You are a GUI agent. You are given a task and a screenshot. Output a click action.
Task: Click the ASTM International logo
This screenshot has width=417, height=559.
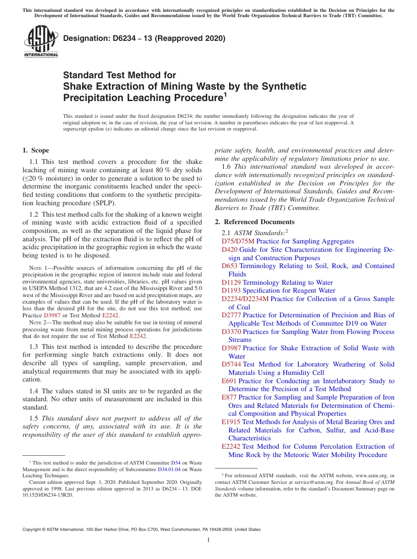coord(40,41)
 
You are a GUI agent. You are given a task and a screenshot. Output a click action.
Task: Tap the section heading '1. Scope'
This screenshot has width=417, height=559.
coord(36,150)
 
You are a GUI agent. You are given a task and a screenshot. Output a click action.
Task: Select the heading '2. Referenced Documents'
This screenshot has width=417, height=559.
coord(255,222)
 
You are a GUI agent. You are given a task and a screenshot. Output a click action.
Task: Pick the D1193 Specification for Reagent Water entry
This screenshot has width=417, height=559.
coord(278,290)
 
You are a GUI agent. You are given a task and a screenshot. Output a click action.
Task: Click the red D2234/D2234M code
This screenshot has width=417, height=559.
coord(245,299)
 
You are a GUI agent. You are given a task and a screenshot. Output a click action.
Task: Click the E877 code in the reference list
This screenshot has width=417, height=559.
coord(229,397)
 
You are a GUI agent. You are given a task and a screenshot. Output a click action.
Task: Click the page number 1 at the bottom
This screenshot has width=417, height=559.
coord(208,540)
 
